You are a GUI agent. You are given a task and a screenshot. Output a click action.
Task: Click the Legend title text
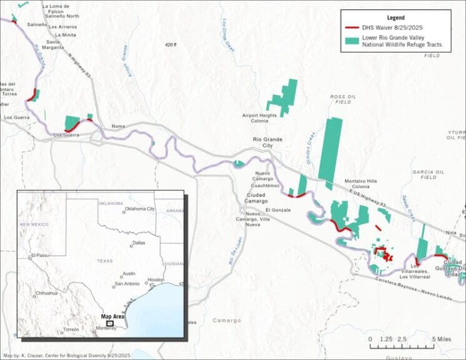(395, 18)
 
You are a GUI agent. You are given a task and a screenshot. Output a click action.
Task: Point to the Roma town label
(118, 126)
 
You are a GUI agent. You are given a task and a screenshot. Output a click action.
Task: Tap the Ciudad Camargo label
(253, 198)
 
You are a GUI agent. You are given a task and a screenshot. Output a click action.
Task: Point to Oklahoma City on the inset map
(140, 209)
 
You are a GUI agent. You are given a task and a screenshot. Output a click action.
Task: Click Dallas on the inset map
(139, 242)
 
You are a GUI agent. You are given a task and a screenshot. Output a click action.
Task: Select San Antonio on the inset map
(127, 284)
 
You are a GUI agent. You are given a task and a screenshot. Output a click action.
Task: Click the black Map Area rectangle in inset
(109, 324)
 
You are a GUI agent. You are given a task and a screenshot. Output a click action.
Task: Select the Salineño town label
(37, 24)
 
